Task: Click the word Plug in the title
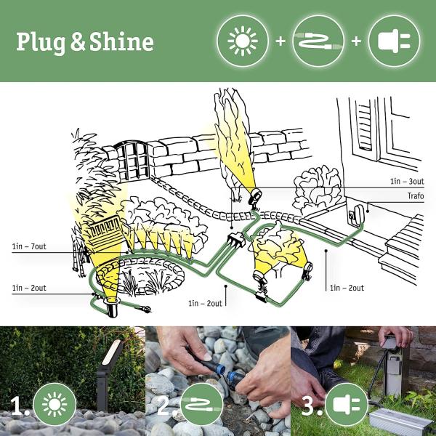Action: point(42,42)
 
